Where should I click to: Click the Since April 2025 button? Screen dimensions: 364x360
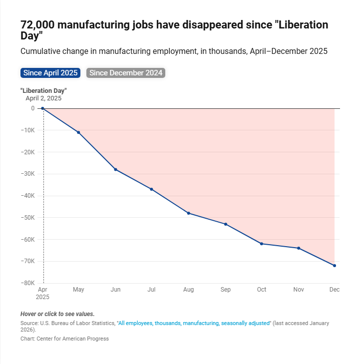[50, 73]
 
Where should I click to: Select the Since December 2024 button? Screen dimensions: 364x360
[126, 73]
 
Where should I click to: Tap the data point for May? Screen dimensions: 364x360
[78, 132]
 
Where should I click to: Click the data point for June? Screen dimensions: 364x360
[115, 169]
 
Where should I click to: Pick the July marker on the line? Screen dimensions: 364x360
[151, 189]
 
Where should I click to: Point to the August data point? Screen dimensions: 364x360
[188, 213]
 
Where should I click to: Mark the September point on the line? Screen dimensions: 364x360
[226, 224]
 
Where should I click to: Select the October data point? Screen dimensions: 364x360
[262, 244]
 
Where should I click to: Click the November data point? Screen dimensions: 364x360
[299, 248]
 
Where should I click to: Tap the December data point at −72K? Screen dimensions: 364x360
[335, 266]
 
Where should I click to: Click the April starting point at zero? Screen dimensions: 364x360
[42, 108]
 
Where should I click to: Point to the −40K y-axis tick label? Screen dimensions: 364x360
[26, 196]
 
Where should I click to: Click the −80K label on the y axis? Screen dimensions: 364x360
[26, 283]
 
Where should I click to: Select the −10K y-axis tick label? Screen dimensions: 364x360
[26, 130]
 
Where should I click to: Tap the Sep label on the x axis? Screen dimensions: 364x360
[226, 290]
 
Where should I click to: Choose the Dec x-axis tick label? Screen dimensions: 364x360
[335, 290]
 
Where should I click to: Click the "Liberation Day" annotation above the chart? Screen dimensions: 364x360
[43, 90]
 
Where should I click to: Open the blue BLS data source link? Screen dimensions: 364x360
[194, 324]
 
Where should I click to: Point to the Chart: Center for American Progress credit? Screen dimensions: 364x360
[64, 339]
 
